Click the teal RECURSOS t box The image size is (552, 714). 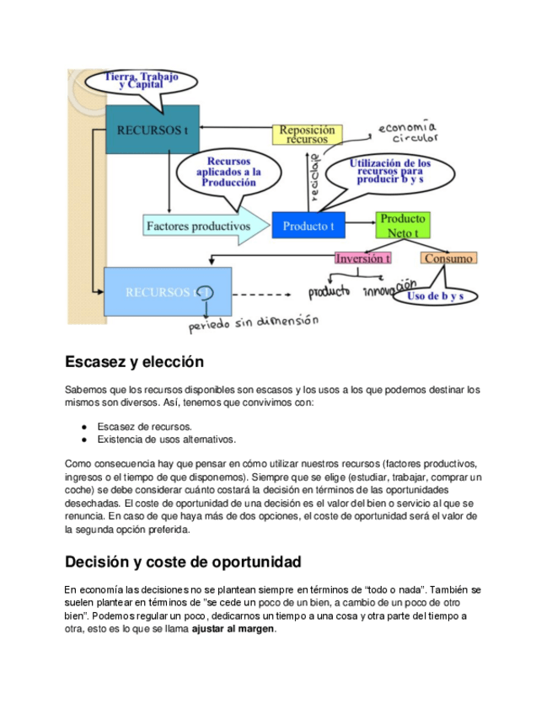[152, 130]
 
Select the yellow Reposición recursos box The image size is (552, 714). [307, 135]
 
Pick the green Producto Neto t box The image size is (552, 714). [403, 225]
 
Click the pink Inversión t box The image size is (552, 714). [363, 258]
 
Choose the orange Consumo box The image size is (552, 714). [448, 258]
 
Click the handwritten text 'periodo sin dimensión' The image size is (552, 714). [253, 322]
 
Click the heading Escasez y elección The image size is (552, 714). [134, 363]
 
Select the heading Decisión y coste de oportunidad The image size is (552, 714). [182, 562]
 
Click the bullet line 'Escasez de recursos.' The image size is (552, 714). [144, 427]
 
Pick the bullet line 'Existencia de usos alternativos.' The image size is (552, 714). [166, 440]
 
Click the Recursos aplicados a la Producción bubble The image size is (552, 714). [228, 172]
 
